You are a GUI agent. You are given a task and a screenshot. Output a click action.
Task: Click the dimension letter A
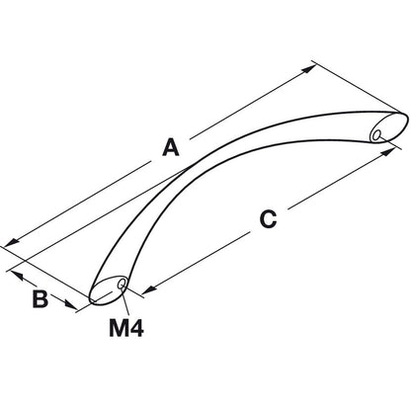[171, 147]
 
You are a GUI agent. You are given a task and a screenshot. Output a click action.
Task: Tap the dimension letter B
[41, 299]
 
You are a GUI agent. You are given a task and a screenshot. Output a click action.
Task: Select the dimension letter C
[268, 219]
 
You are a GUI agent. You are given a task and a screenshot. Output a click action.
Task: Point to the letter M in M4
[119, 328]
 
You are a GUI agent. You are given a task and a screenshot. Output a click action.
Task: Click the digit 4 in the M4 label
[136, 328]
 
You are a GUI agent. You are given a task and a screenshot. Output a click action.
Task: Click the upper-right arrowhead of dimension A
[309, 68]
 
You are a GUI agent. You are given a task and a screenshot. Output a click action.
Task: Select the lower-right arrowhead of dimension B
[71, 304]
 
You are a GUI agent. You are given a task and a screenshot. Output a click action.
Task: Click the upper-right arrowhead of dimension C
[388, 151]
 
